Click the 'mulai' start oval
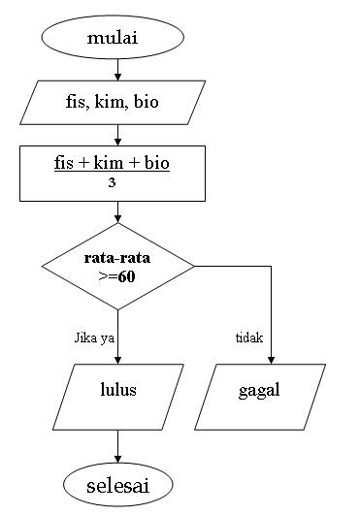[x=113, y=41]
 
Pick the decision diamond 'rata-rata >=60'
[x=117, y=266]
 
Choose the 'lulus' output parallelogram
[x=117, y=392]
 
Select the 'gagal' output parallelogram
[x=258, y=392]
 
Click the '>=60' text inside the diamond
[x=117, y=276]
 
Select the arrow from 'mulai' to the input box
[x=117, y=70]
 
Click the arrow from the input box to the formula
[x=117, y=133]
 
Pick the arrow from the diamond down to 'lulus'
[x=117, y=335]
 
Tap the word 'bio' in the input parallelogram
[x=147, y=101]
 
